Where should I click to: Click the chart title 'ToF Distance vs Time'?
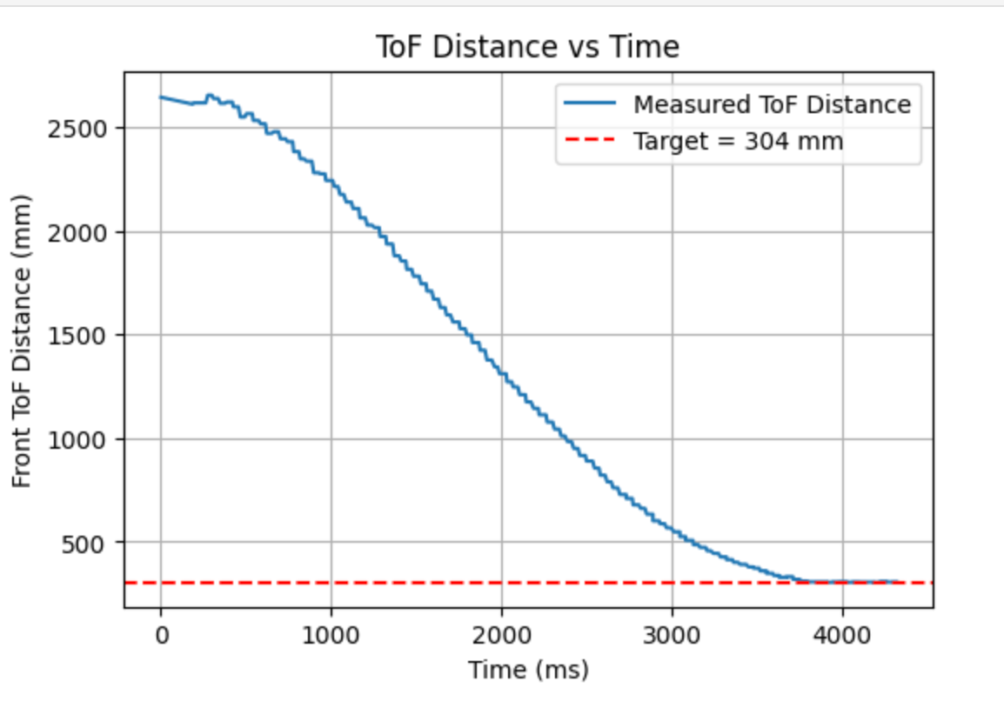click(x=527, y=46)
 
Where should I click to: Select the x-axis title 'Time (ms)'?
click(x=528, y=670)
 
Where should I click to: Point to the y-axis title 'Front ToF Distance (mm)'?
click(x=23, y=340)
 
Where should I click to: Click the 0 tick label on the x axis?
click(x=161, y=635)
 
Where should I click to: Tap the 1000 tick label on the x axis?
click(x=331, y=635)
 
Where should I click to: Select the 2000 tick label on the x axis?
click(x=501, y=635)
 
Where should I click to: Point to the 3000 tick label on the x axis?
click(x=672, y=635)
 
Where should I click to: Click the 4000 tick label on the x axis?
click(x=842, y=635)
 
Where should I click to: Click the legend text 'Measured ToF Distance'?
click(x=772, y=104)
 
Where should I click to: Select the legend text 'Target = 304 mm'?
click(x=738, y=141)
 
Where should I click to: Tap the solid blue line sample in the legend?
click(x=591, y=104)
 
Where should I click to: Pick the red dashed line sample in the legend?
click(x=591, y=141)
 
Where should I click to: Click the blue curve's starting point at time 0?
click(x=161, y=97)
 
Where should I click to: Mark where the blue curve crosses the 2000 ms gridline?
click(x=501, y=372)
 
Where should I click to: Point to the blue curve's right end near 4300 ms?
click(x=896, y=581)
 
